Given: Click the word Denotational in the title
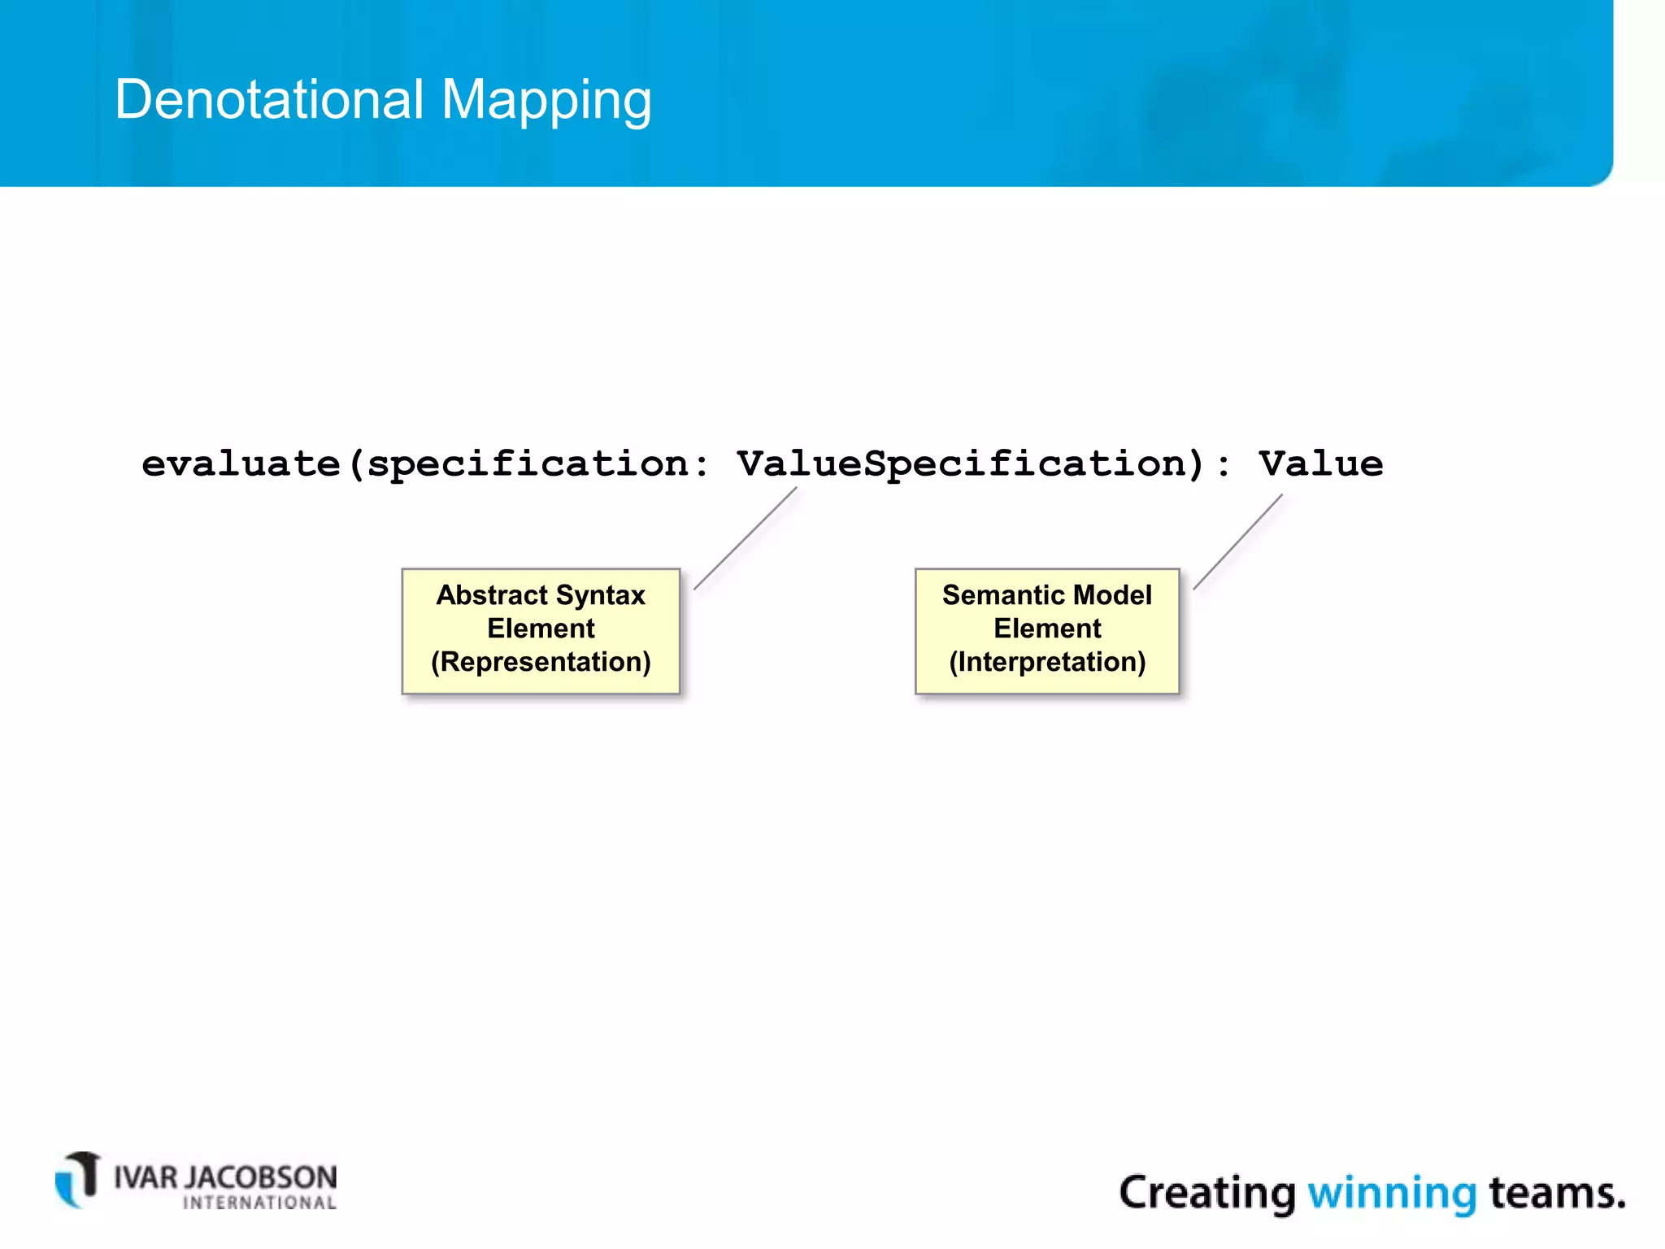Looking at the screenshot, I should (269, 99).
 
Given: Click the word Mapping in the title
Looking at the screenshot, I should (546, 101).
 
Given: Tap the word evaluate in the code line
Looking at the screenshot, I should (241, 464).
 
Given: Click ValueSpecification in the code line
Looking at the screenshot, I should (969, 464).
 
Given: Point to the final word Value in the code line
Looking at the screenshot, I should (1320, 464).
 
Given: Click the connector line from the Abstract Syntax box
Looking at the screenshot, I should (745, 538).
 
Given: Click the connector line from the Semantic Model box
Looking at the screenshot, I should (1237, 542).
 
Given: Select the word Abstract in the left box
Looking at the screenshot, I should (492, 595).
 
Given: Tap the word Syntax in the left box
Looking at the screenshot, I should (601, 595).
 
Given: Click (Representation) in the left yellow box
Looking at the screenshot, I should (541, 662).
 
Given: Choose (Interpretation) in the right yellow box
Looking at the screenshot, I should (1047, 662).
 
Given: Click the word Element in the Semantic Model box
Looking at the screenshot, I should (1047, 629).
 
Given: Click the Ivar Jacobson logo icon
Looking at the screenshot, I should (78, 1179).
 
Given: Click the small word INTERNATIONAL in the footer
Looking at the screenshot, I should (259, 1203).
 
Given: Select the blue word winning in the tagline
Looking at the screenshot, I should (1391, 1194).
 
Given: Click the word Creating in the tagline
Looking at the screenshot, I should (1207, 1194).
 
